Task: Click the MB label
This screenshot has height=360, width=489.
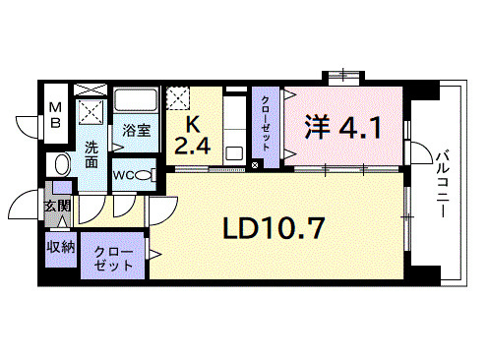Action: [56, 115]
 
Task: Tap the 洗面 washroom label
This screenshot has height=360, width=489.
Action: [91, 155]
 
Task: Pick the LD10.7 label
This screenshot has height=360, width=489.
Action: [274, 229]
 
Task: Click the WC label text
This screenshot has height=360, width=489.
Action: [124, 175]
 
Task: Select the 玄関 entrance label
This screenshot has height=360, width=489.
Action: [56, 206]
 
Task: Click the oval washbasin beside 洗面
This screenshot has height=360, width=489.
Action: [61, 163]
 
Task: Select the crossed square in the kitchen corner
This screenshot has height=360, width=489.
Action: [179, 98]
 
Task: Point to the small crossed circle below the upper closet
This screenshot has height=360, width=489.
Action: [256, 164]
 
